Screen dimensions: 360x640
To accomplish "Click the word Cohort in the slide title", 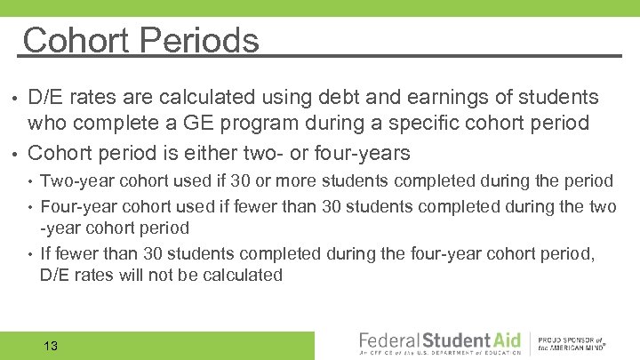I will pyautogui.click(x=74, y=41).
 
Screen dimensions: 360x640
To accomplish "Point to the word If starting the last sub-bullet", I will pyautogui.click(x=46, y=253).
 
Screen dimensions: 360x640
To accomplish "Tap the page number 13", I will pyautogui.click(x=50, y=346).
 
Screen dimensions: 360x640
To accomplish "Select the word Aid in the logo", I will pyautogui.click(x=500, y=340).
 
